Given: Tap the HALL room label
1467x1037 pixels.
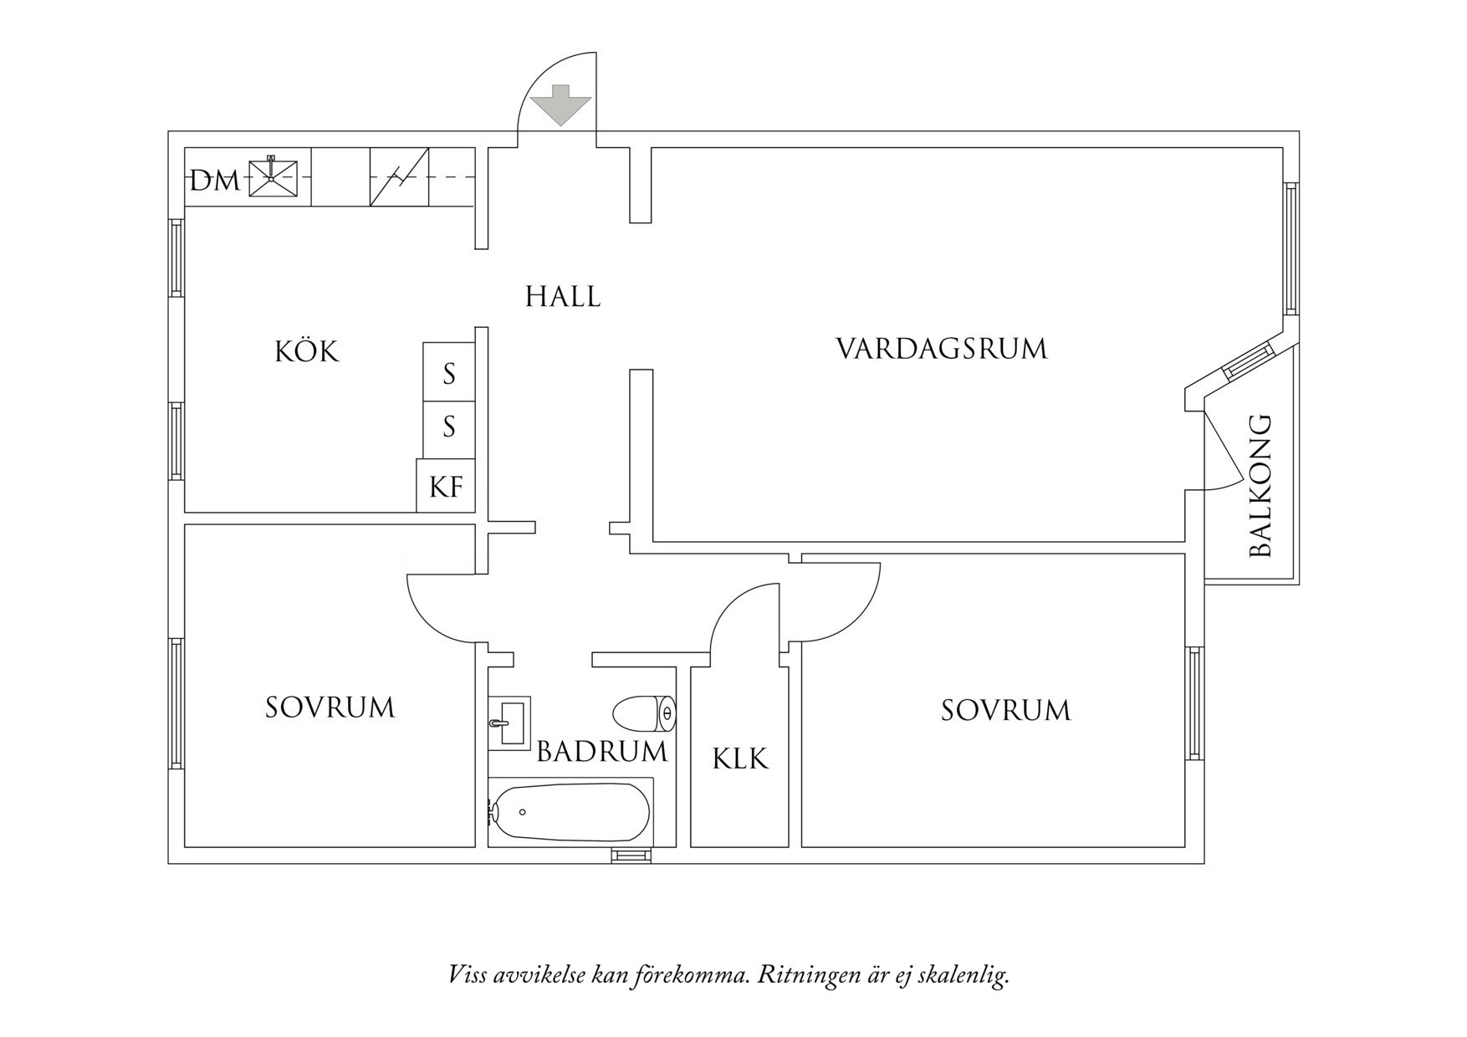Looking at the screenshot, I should tap(563, 297).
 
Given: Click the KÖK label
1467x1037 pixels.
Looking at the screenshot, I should tap(307, 352).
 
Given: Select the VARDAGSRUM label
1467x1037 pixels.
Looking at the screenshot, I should tap(942, 349).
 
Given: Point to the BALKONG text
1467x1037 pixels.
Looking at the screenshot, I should tap(1260, 486).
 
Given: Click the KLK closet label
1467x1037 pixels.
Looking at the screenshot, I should tap(739, 759).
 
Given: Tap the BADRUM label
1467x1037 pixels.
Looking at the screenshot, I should tap(602, 752).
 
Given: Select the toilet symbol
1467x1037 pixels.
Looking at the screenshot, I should tap(644, 713).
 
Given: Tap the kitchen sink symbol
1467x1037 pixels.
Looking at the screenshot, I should tap(272, 177).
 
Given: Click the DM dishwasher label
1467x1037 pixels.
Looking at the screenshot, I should tap(214, 181).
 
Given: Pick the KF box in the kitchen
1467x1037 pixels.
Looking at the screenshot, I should tap(446, 487).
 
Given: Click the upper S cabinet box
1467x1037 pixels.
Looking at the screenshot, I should tap(449, 374).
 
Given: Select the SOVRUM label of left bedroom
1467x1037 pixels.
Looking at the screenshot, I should tap(330, 708).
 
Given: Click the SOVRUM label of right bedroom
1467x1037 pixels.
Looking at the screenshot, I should tap(1005, 711).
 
